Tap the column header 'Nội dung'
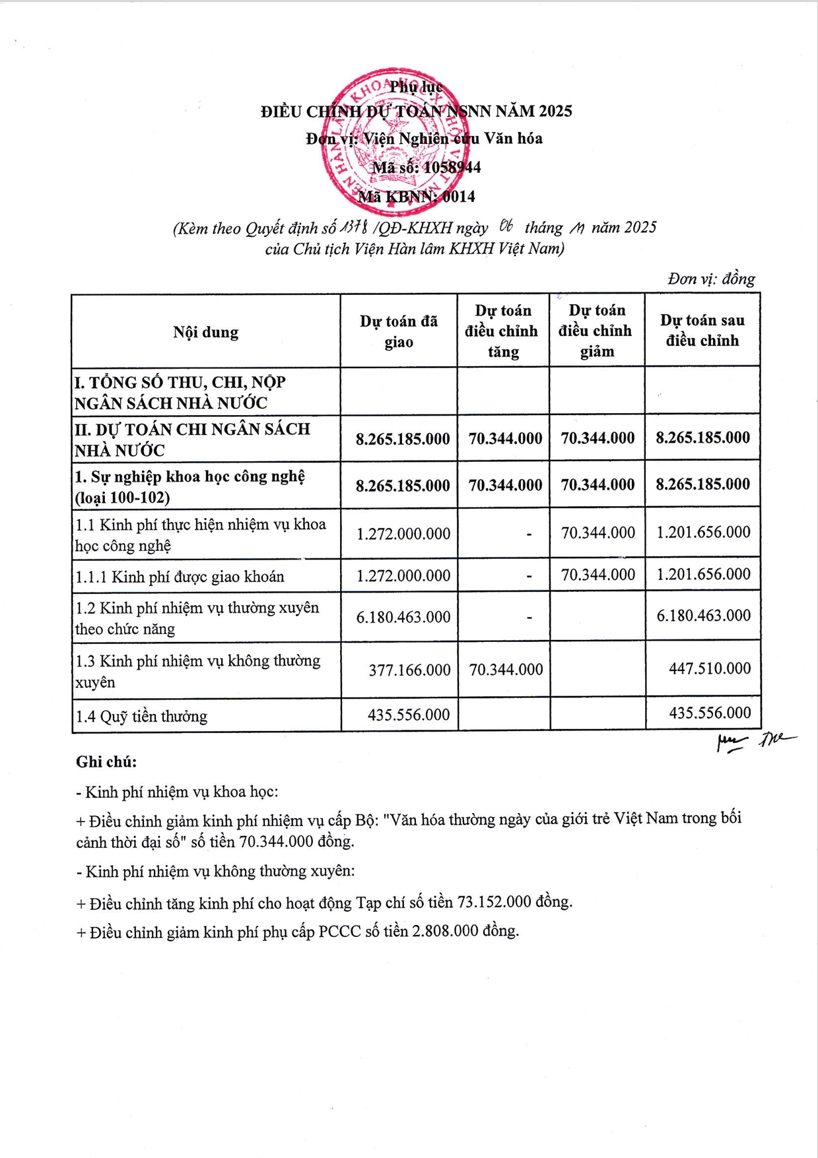[205, 332]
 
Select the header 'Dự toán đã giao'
[398, 331]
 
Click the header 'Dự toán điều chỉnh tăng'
[502, 331]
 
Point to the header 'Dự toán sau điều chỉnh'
[702, 331]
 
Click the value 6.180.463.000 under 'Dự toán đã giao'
[403, 617]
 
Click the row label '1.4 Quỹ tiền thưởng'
[141, 716]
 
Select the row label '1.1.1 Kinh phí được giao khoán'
[180, 577]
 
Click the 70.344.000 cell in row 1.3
[506, 670]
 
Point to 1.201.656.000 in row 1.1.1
[703, 574]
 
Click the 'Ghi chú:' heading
[106, 762]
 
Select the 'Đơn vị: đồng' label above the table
[711, 279]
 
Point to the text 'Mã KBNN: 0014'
[416, 197]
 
